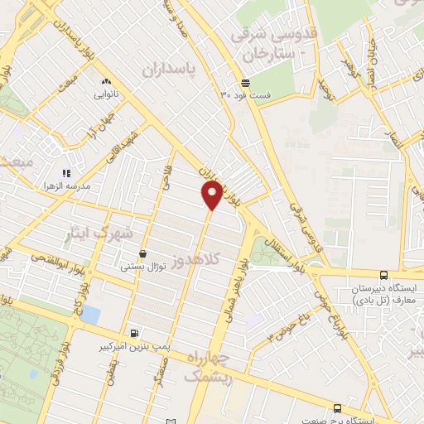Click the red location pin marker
tap(212, 195)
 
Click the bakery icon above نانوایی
tap(105, 81)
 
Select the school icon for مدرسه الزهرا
tap(66, 174)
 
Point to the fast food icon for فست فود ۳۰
tap(245, 81)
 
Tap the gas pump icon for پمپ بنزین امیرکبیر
tap(134, 333)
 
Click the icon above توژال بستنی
tap(144, 253)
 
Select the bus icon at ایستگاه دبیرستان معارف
tap(383, 276)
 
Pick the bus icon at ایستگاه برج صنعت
tap(336, 409)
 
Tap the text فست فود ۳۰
tap(237, 94)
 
